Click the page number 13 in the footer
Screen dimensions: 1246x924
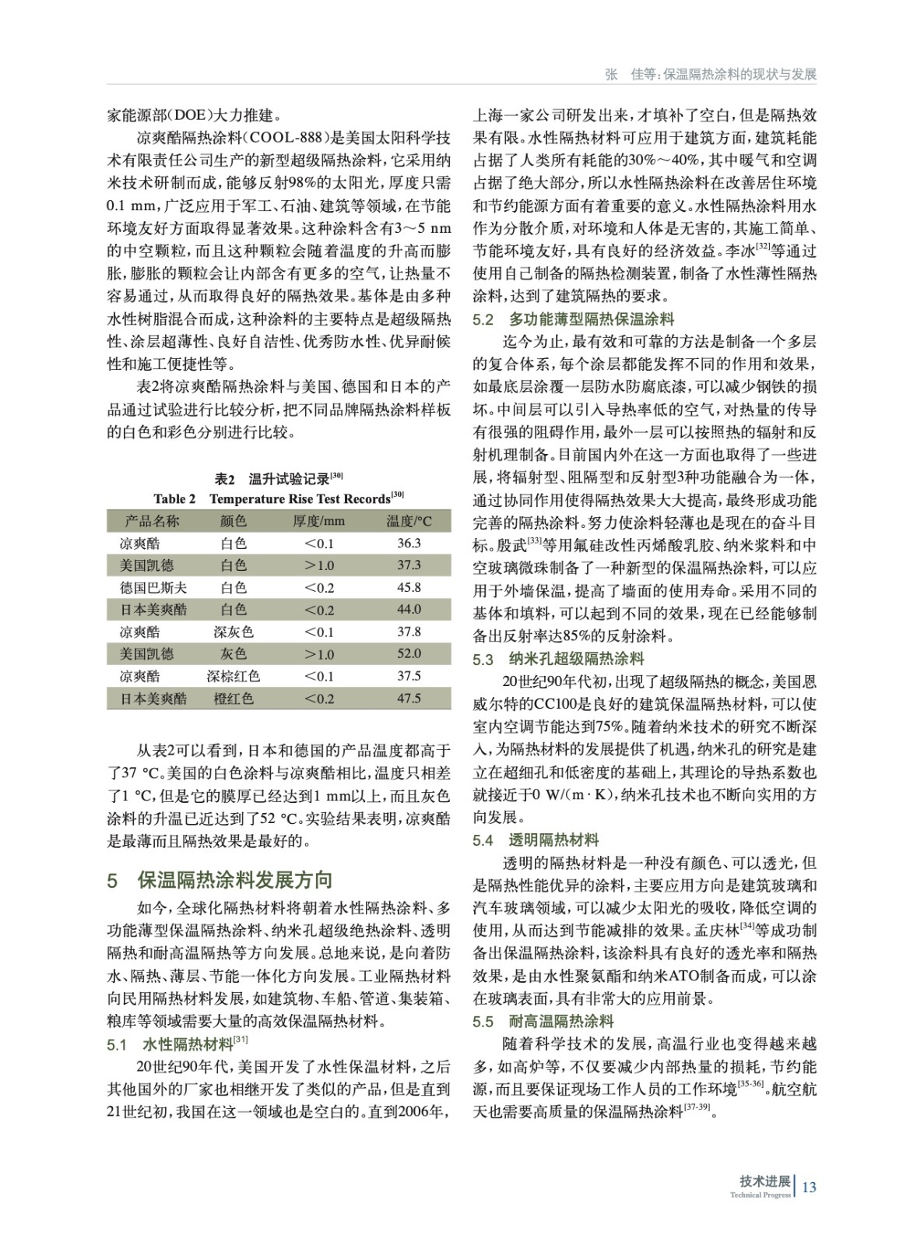click(x=809, y=1187)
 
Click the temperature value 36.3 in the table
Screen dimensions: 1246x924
click(x=409, y=544)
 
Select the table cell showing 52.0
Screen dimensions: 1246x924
click(x=409, y=654)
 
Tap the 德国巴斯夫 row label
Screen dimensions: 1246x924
click(x=153, y=588)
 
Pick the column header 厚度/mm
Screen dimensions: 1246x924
click(x=318, y=521)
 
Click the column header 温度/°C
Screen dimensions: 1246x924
click(x=409, y=521)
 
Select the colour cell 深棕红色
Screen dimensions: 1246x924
click(x=233, y=676)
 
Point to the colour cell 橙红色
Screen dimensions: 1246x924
click(x=233, y=699)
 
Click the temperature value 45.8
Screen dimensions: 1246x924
click(x=409, y=588)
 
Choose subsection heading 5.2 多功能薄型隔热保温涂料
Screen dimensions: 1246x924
click(x=574, y=319)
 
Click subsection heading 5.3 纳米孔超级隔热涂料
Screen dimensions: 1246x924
click(x=558, y=660)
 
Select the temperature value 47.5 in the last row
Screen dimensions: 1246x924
click(x=409, y=699)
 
